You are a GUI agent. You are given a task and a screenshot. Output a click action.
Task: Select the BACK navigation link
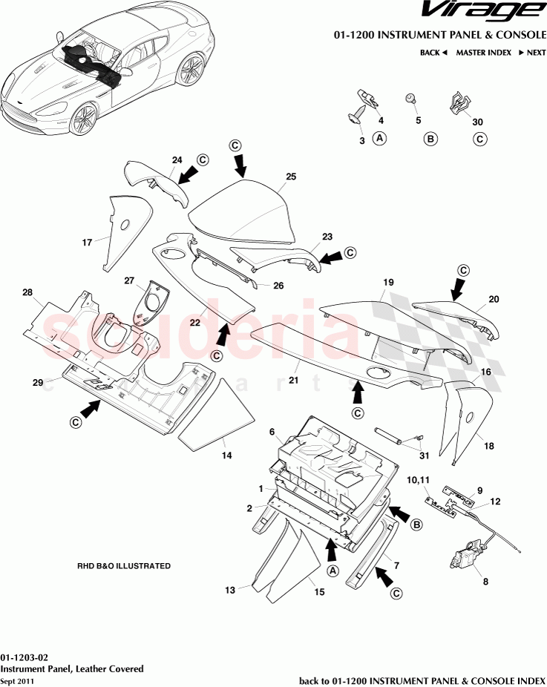pyautogui.click(x=433, y=53)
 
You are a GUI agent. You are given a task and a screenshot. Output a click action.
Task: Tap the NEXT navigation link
pyautogui.click(x=531, y=53)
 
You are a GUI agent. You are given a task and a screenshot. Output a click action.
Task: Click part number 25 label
pyautogui.click(x=291, y=177)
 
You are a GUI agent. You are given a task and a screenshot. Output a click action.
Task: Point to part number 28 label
pyautogui.click(x=28, y=294)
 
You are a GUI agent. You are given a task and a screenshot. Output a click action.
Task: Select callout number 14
pyautogui.click(x=226, y=456)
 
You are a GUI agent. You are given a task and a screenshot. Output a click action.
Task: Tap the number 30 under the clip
pyautogui.click(x=477, y=122)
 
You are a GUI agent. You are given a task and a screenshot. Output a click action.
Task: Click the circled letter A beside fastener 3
pyautogui.click(x=379, y=139)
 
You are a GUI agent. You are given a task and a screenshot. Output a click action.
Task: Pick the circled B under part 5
pyautogui.click(x=430, y=139)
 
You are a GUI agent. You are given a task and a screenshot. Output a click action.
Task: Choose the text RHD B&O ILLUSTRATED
pyautogui.click(x=124, y=566)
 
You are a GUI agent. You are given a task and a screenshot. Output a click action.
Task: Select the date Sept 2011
pyautogui.click(x=16, y=680)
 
